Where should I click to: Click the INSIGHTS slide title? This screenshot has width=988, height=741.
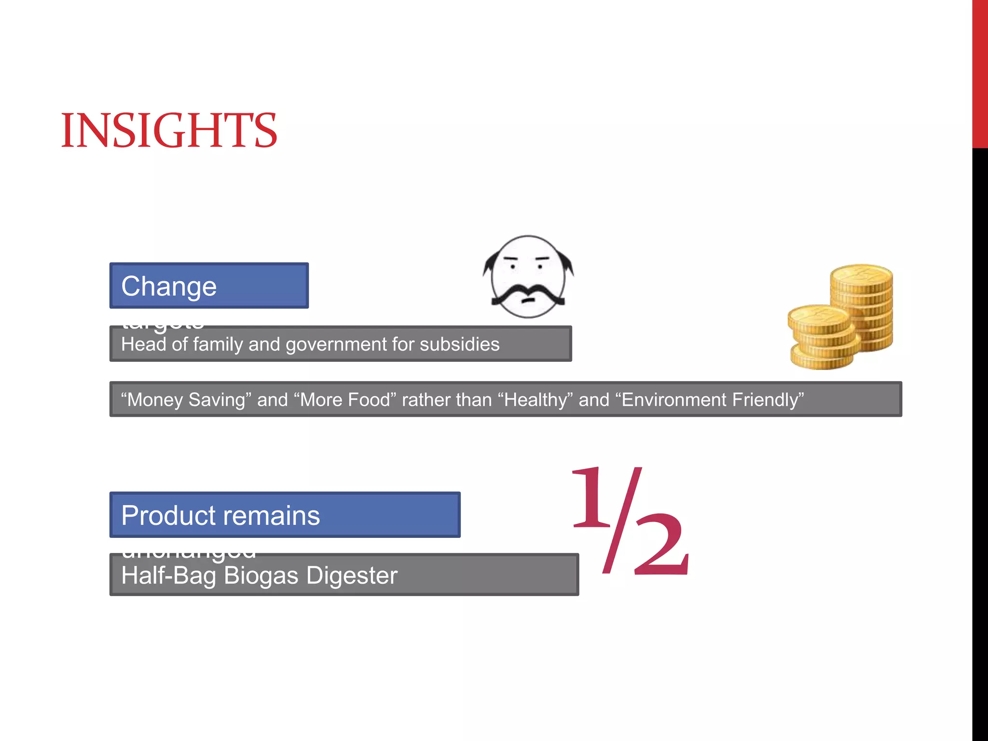tap(169, 130)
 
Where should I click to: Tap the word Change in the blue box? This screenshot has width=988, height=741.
tap(169, 287)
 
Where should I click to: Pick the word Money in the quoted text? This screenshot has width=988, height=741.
tap(154, 400)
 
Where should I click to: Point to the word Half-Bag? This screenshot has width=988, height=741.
tap(169, 576)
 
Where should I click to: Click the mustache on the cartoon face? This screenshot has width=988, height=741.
tap(528, 294)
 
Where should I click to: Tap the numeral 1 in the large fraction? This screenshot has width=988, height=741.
tap(591, 497)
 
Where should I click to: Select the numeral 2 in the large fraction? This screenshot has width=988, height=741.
tap(661, 545)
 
